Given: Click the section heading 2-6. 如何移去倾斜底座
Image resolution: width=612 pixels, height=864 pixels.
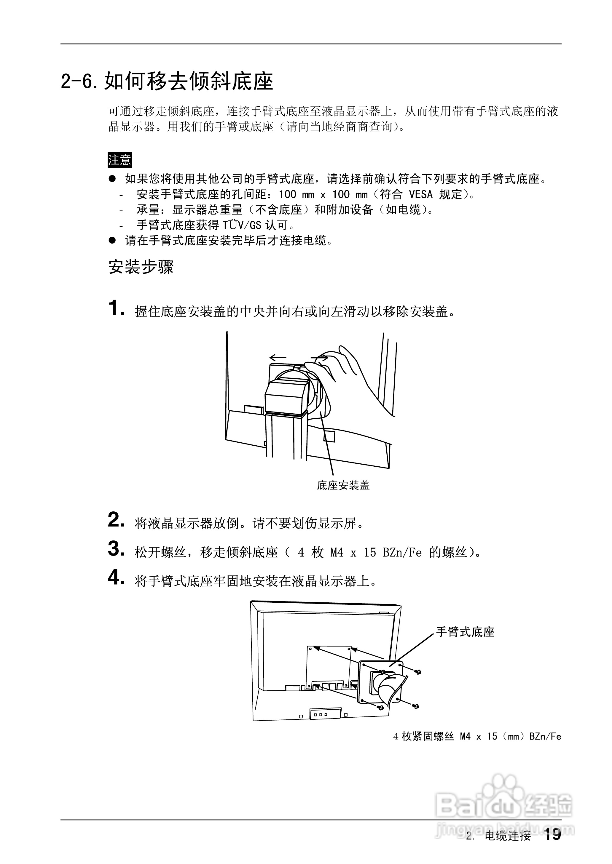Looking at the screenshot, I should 167,81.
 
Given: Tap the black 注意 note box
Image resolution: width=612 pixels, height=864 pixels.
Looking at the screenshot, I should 119,160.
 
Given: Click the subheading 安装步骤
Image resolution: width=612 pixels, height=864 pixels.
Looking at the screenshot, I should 141,267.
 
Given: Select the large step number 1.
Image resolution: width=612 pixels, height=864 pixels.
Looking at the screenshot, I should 115,308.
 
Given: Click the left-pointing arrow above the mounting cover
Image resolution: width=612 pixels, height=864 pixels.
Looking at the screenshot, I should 278,357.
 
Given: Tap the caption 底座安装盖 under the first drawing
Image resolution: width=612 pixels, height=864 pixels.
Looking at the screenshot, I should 343,486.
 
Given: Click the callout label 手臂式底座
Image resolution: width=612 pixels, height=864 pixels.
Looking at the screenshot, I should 465,632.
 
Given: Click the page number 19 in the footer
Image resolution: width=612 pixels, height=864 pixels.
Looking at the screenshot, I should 552,835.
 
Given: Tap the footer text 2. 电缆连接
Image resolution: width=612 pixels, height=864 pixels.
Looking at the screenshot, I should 498,836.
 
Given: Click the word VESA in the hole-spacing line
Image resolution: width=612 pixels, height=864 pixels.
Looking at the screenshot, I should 420,194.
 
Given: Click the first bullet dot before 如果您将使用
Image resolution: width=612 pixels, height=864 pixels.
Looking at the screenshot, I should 112,179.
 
